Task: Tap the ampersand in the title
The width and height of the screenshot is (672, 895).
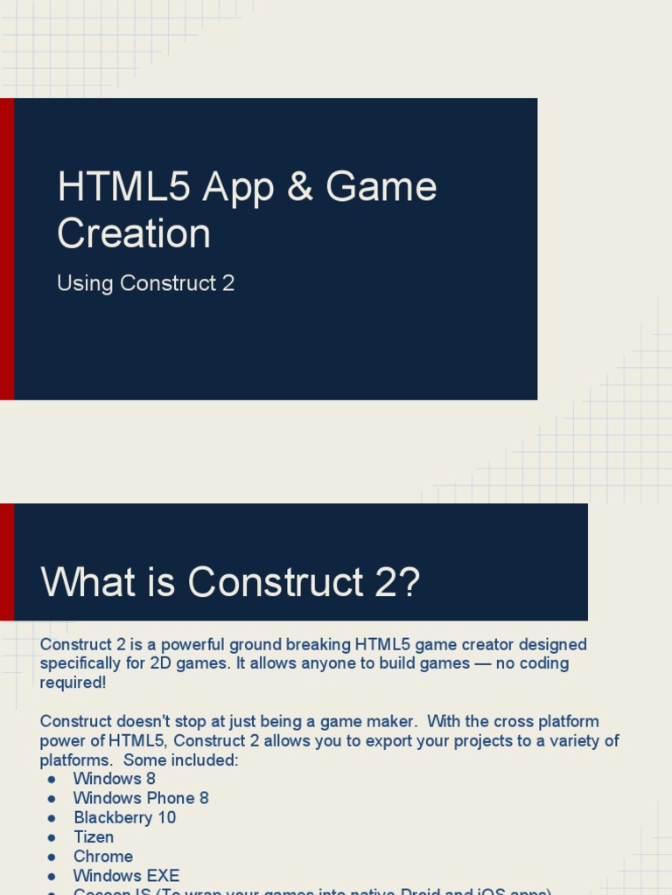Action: tap(299, 187)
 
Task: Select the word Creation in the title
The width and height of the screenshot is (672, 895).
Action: tap(134, 233)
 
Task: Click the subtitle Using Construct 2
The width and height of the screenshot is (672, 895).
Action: tap(145, 283)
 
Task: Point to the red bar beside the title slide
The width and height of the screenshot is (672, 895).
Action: tap(7, 249)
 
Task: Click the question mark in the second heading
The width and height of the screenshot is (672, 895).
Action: tap(409, 582)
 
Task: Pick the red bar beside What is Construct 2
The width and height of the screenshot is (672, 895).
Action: tap(7, 562)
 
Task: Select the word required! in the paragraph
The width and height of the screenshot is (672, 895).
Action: tap(73, 683)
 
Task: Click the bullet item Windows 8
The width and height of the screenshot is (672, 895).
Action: tap(114, 779)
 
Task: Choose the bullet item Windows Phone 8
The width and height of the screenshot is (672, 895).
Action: tap(141, 798)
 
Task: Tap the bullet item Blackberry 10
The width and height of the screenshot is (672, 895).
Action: tap(124, 818)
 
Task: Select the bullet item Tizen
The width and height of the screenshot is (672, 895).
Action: tap(94, 837)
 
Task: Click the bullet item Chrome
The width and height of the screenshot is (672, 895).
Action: tap(103, 857)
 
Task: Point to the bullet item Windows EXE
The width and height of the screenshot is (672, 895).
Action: tap(126, 876)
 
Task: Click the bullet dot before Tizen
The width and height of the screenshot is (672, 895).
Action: tap(52, 837)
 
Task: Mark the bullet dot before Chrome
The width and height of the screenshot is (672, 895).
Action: tap(52, 857)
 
